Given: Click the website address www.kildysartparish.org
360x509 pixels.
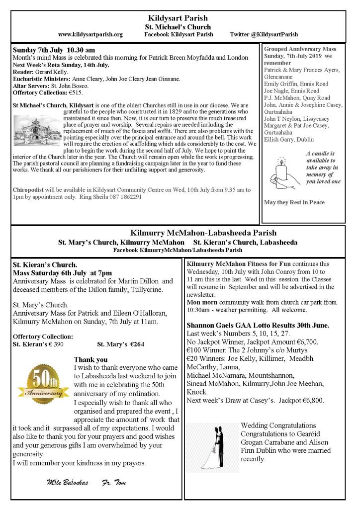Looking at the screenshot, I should (90, 34).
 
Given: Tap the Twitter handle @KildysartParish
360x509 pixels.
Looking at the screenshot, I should (264, 34).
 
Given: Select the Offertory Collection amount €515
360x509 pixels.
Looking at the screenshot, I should (74, 92).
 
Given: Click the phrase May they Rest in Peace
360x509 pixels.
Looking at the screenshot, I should (294, 202).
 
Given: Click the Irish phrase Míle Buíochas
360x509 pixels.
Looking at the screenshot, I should (67, 483).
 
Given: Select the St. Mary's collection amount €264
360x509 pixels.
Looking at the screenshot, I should (120, 343).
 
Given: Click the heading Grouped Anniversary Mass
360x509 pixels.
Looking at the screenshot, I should (300, 49).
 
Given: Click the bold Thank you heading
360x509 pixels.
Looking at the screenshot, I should (91, 359).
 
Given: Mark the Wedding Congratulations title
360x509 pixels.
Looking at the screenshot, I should (278, 425).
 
